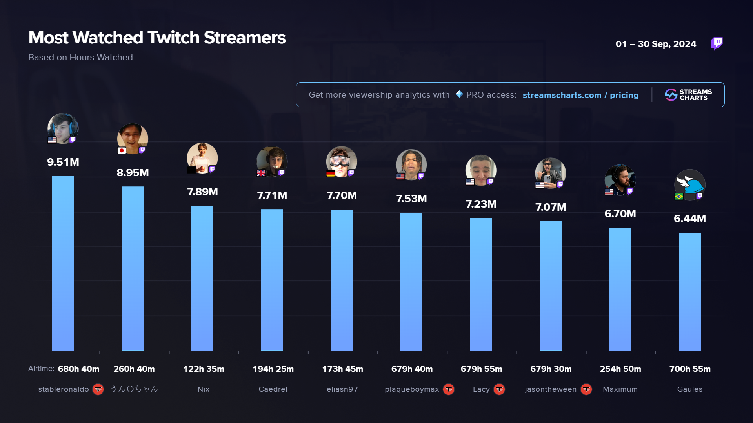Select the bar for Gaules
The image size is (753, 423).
pos(689,291)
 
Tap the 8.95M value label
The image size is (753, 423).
pos(133,173)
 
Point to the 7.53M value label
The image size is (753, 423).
pos(411,199)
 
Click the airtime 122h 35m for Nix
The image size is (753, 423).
pos(204,369)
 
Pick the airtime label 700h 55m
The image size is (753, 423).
pos(689,369)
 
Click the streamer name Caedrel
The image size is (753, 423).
pos(273,389)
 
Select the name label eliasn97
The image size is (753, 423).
pos(342,389)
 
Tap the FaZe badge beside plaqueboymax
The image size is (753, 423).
pos(449,389)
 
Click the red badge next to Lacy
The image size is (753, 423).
pos(499,389)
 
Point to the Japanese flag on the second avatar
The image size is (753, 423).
pos(122,150)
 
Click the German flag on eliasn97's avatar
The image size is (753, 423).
pos(331,173)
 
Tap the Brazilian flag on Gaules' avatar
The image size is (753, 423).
pos(679,196)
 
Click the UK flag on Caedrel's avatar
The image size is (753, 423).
pos(261,173)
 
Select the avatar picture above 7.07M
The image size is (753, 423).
pos(550,173)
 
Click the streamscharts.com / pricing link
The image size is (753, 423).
pos(580,95)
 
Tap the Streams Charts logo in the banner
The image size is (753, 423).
pos(688,95)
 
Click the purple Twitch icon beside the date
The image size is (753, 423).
pos(717,43)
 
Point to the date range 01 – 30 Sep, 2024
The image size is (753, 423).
pos(656,44)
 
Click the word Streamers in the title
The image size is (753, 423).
pos(244,38)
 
